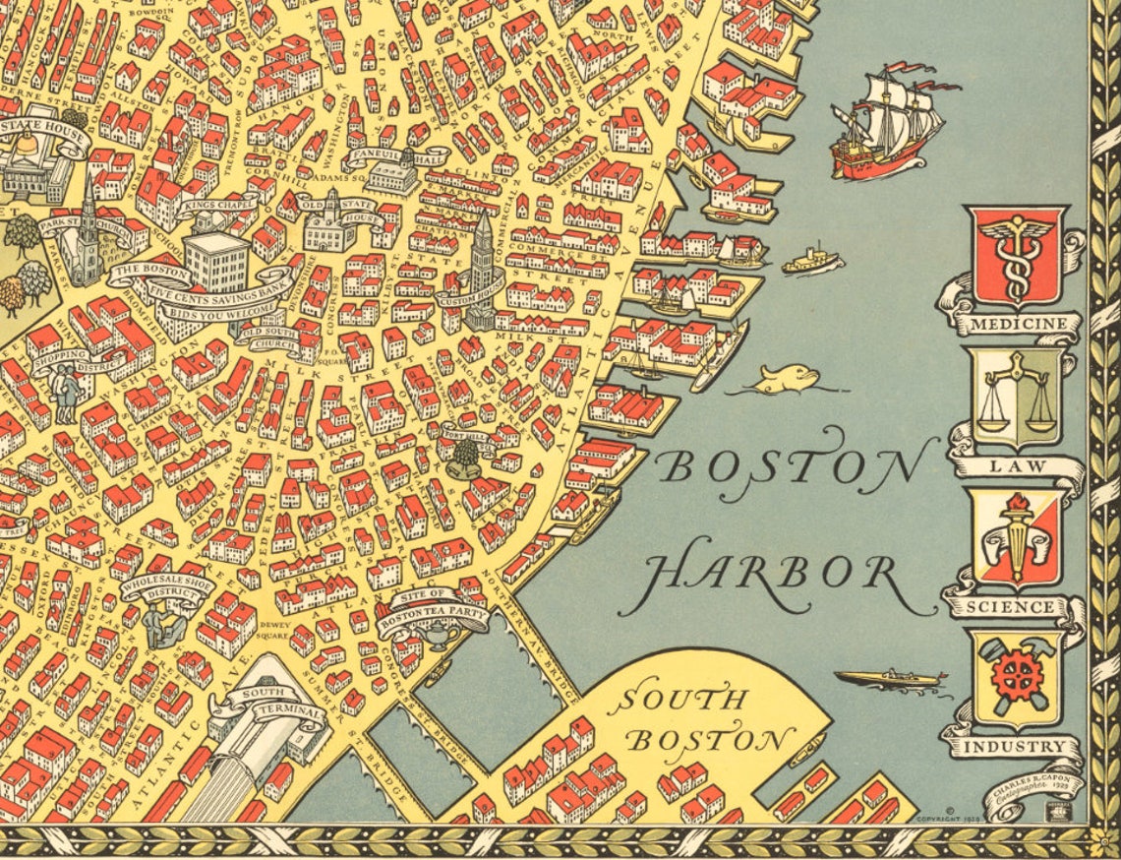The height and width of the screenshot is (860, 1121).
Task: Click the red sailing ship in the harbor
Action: tap(885, 126)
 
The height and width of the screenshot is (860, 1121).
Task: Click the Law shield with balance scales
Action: tap(1016, 397)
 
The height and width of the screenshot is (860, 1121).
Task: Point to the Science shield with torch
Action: tap(1016, 538)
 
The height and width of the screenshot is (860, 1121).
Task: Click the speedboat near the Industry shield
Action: tap(889, 678)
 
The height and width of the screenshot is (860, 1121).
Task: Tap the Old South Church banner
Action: tap(267, 338)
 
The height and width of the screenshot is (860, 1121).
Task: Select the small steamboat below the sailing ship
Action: tap(811, 261)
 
